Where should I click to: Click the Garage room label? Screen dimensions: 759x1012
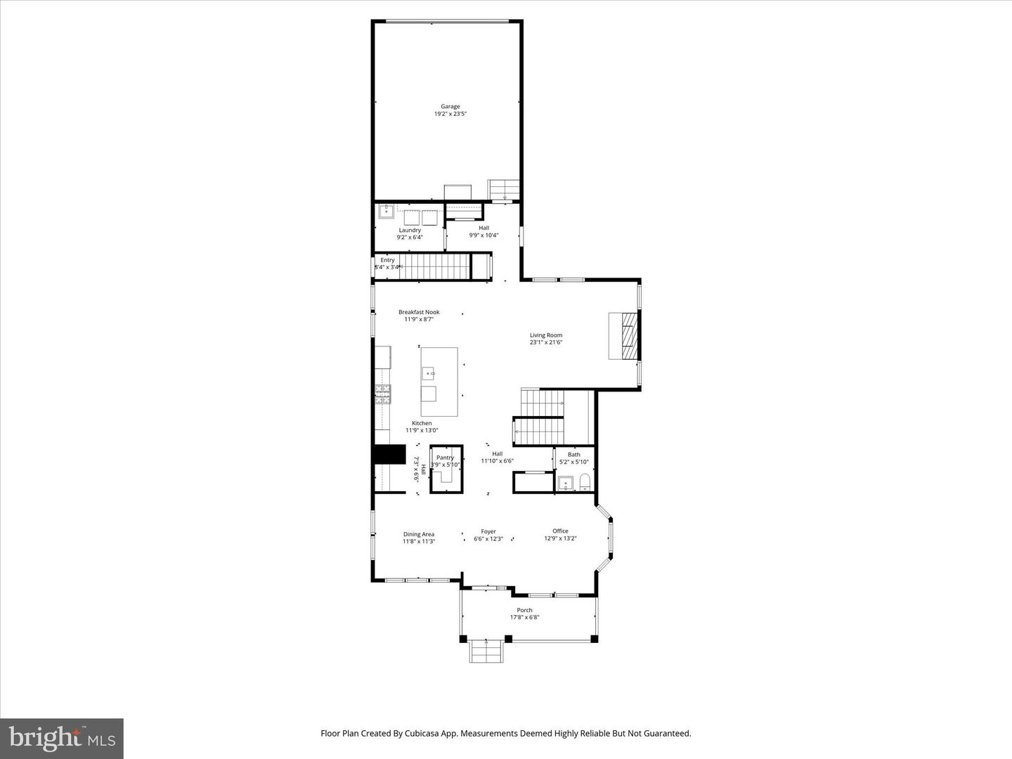(450, 107)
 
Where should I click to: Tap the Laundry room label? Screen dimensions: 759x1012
(410, 230)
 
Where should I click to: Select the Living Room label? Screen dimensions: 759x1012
(546, 335)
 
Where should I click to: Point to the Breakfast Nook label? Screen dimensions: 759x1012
(419, 312)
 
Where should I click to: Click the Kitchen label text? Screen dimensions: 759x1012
(422, 423)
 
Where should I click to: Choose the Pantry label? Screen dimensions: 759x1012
(445, 458)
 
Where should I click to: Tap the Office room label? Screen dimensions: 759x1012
(560, 531)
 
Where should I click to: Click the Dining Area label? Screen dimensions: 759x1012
(419, 534)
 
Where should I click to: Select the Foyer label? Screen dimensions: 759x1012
(488, 531)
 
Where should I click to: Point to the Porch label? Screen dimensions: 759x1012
(524, 610)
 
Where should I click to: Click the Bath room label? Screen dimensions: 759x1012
(574, 455)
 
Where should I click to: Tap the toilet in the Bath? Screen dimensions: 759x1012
(584, 482)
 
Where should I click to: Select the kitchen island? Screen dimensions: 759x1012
(439, 382)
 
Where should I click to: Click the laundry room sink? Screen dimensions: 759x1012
(386, 211)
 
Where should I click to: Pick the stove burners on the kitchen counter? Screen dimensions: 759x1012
(383, 395)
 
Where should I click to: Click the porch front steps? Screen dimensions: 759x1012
(486, 651)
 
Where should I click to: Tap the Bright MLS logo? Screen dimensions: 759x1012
(62, 738)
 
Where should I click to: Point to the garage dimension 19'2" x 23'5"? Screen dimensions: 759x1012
(450, 114)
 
